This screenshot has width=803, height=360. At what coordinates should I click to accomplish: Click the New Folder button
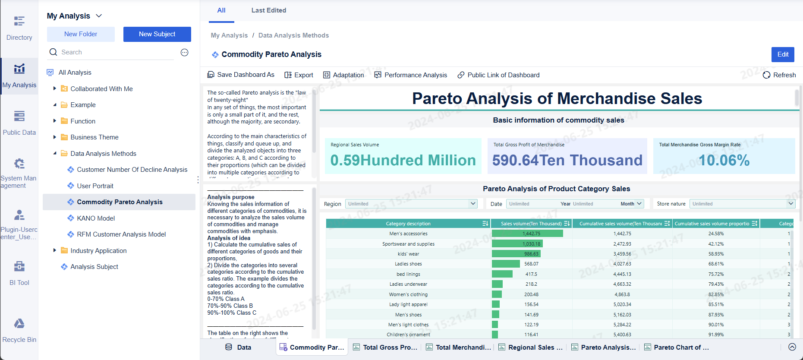tap(81, 34)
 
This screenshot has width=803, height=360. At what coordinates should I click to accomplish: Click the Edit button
tap(783, 54)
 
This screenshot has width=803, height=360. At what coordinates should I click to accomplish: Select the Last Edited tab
tap(268, 10)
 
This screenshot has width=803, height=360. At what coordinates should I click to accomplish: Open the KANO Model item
tap(96, 218)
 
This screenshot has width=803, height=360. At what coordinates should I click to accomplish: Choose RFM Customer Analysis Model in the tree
tap(121, 234)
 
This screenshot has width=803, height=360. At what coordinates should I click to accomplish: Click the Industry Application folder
tap(98, 251)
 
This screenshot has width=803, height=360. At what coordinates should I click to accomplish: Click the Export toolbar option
tap(299, 75)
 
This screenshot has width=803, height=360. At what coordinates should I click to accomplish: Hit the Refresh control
tap(779, 75)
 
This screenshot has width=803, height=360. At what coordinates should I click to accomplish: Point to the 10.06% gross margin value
tap(724, 161)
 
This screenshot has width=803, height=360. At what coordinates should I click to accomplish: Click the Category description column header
tap(408, 224)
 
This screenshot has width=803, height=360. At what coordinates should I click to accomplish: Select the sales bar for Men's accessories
tap(527, 234)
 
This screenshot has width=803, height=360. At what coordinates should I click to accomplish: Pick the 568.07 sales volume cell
tap(531, 264)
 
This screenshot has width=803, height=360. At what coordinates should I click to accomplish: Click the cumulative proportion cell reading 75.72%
tap(716, 274)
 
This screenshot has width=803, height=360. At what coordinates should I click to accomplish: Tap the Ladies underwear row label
tap(408, 284)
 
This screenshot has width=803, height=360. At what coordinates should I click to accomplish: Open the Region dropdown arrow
tap(473, 204)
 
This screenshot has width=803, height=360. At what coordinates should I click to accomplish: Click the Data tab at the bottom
tap(238, 347)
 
